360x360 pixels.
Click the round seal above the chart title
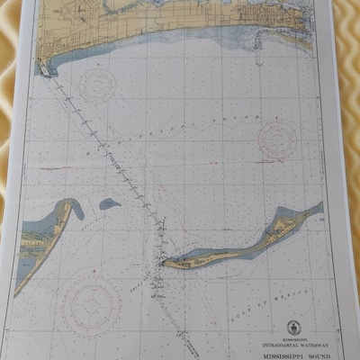293,328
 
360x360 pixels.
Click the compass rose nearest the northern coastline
97,86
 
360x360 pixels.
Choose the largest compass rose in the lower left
87,305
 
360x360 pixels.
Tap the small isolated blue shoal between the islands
109,203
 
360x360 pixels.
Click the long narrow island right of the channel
238,244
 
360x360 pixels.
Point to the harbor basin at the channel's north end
43,65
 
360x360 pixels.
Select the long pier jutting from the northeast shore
260,41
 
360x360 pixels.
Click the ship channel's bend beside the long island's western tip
159,261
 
